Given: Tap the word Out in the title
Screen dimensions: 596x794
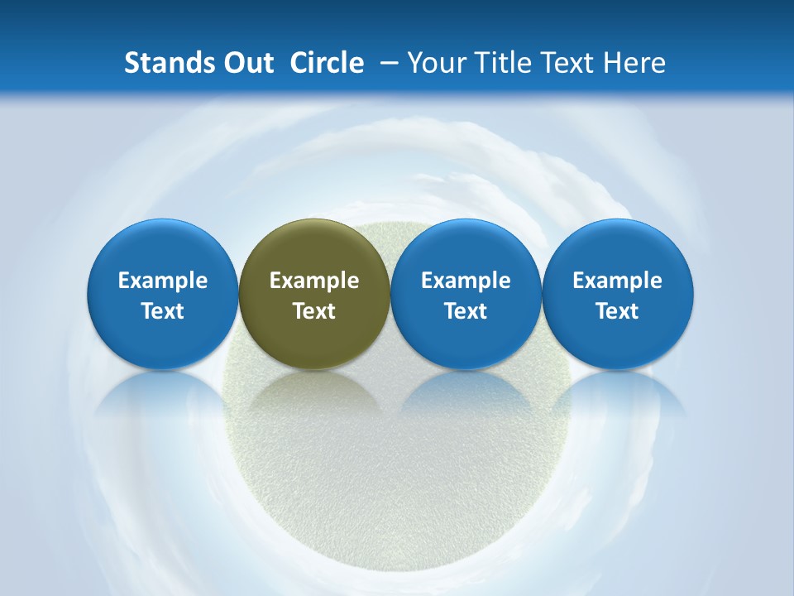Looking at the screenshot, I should pyautogui.click(x=246, y=63).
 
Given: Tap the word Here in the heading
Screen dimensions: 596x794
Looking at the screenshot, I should pyautogui.click(x=635, y=63).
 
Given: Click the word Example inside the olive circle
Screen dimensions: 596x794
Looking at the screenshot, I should pyautogui.click(x=314, y=281).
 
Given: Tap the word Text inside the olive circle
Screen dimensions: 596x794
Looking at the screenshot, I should pyautogui.click(x=314, y=311).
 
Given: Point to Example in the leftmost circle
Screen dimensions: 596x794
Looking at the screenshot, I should pyautogui.click(x=163, y=281).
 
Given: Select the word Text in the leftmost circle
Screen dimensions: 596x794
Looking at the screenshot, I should pyautogui.click(x=163, y=311).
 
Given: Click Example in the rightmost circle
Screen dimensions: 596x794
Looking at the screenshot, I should pyautogui.click(x=618, y=281).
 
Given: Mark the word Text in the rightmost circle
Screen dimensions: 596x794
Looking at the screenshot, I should pyautogui.click(x=618, y=311).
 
